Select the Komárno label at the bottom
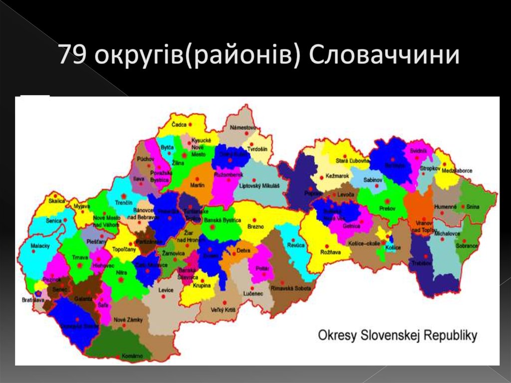click(x=132, y=356)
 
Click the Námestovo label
click(x=243, y=128)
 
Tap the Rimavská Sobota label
click(x=291, y=289)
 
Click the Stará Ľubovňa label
click(x=352, y=160)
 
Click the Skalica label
click(x=56, y=201)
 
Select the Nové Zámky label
click(x=128, y=320)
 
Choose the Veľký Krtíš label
click(x=223, y=311)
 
